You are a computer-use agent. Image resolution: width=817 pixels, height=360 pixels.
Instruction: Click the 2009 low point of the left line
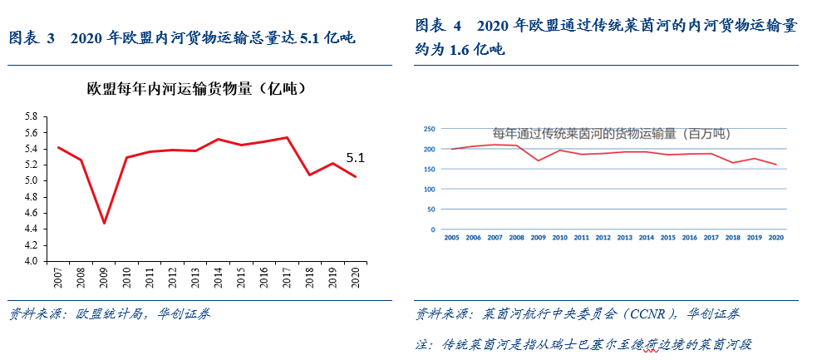tap(104, 223)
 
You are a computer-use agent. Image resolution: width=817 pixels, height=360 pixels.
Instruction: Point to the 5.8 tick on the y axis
tap(32, 116)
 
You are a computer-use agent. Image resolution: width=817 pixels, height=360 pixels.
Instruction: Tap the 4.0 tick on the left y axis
tap(32, 260)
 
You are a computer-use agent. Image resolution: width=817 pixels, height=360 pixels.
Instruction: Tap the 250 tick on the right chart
tap(430, 129)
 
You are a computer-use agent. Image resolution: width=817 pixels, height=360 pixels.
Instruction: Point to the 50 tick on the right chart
tap(431, 210)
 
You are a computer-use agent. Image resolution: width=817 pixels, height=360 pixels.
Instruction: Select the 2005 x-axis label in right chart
tap(451, 237)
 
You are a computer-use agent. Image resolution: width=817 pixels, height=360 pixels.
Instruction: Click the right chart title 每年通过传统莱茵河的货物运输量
tap(611, 133)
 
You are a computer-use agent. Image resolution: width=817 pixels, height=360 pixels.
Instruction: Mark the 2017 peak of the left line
tap(287, 137)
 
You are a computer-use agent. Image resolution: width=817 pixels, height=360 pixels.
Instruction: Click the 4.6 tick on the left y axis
tap(32, 212)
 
